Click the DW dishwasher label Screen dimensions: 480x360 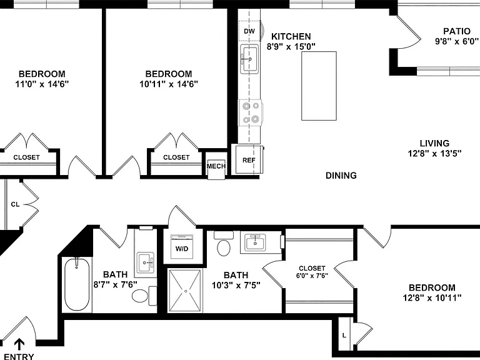249,31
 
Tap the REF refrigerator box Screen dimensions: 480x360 249,159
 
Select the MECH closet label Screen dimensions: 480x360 216,166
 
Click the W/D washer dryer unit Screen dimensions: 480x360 182,247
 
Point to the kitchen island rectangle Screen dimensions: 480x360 319,86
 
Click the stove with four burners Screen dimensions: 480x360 251,112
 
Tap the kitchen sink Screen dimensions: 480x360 249,59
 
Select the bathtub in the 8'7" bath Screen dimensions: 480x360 77,285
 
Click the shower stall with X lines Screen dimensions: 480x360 186,291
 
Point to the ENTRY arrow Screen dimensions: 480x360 19,344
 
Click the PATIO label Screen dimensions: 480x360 457,31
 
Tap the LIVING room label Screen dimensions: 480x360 434,143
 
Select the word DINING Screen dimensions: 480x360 341,176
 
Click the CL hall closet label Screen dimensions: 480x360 15,204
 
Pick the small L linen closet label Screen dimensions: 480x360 344,336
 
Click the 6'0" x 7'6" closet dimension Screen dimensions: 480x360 312,276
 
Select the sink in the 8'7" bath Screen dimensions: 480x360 146,262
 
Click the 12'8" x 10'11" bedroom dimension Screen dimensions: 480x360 432,297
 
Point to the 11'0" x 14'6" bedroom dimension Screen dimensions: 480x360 42,84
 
